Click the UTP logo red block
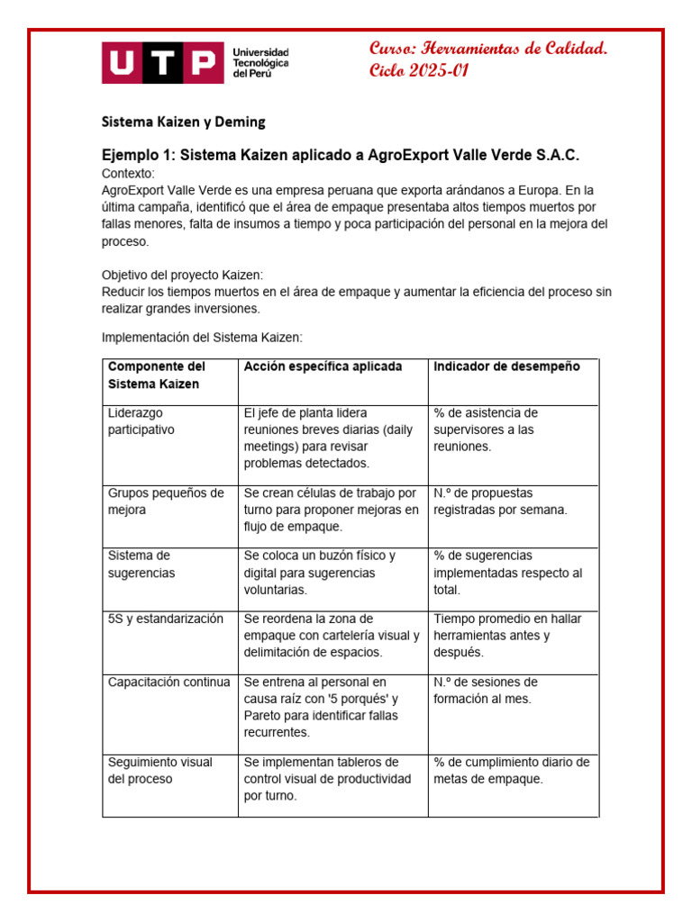click(161, 64)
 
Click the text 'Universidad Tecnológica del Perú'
click(260, 64)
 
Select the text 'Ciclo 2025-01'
click(419, 72)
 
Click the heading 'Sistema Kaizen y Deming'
click(182, 121)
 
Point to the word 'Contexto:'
click(128, 173)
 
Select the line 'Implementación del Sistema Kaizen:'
click(202, 337)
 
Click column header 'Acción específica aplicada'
click(323, 366)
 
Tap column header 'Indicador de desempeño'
click(506, 366)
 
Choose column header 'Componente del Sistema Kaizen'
click(157, 375)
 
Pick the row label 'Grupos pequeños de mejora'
click(166, 502)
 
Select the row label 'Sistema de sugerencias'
click(141, 564)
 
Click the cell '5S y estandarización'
click(165, 619)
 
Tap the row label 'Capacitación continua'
click(169, 682)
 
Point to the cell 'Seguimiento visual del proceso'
click(148, 770)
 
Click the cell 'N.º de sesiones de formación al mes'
click(486, 690)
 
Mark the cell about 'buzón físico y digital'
click(320, 573)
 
